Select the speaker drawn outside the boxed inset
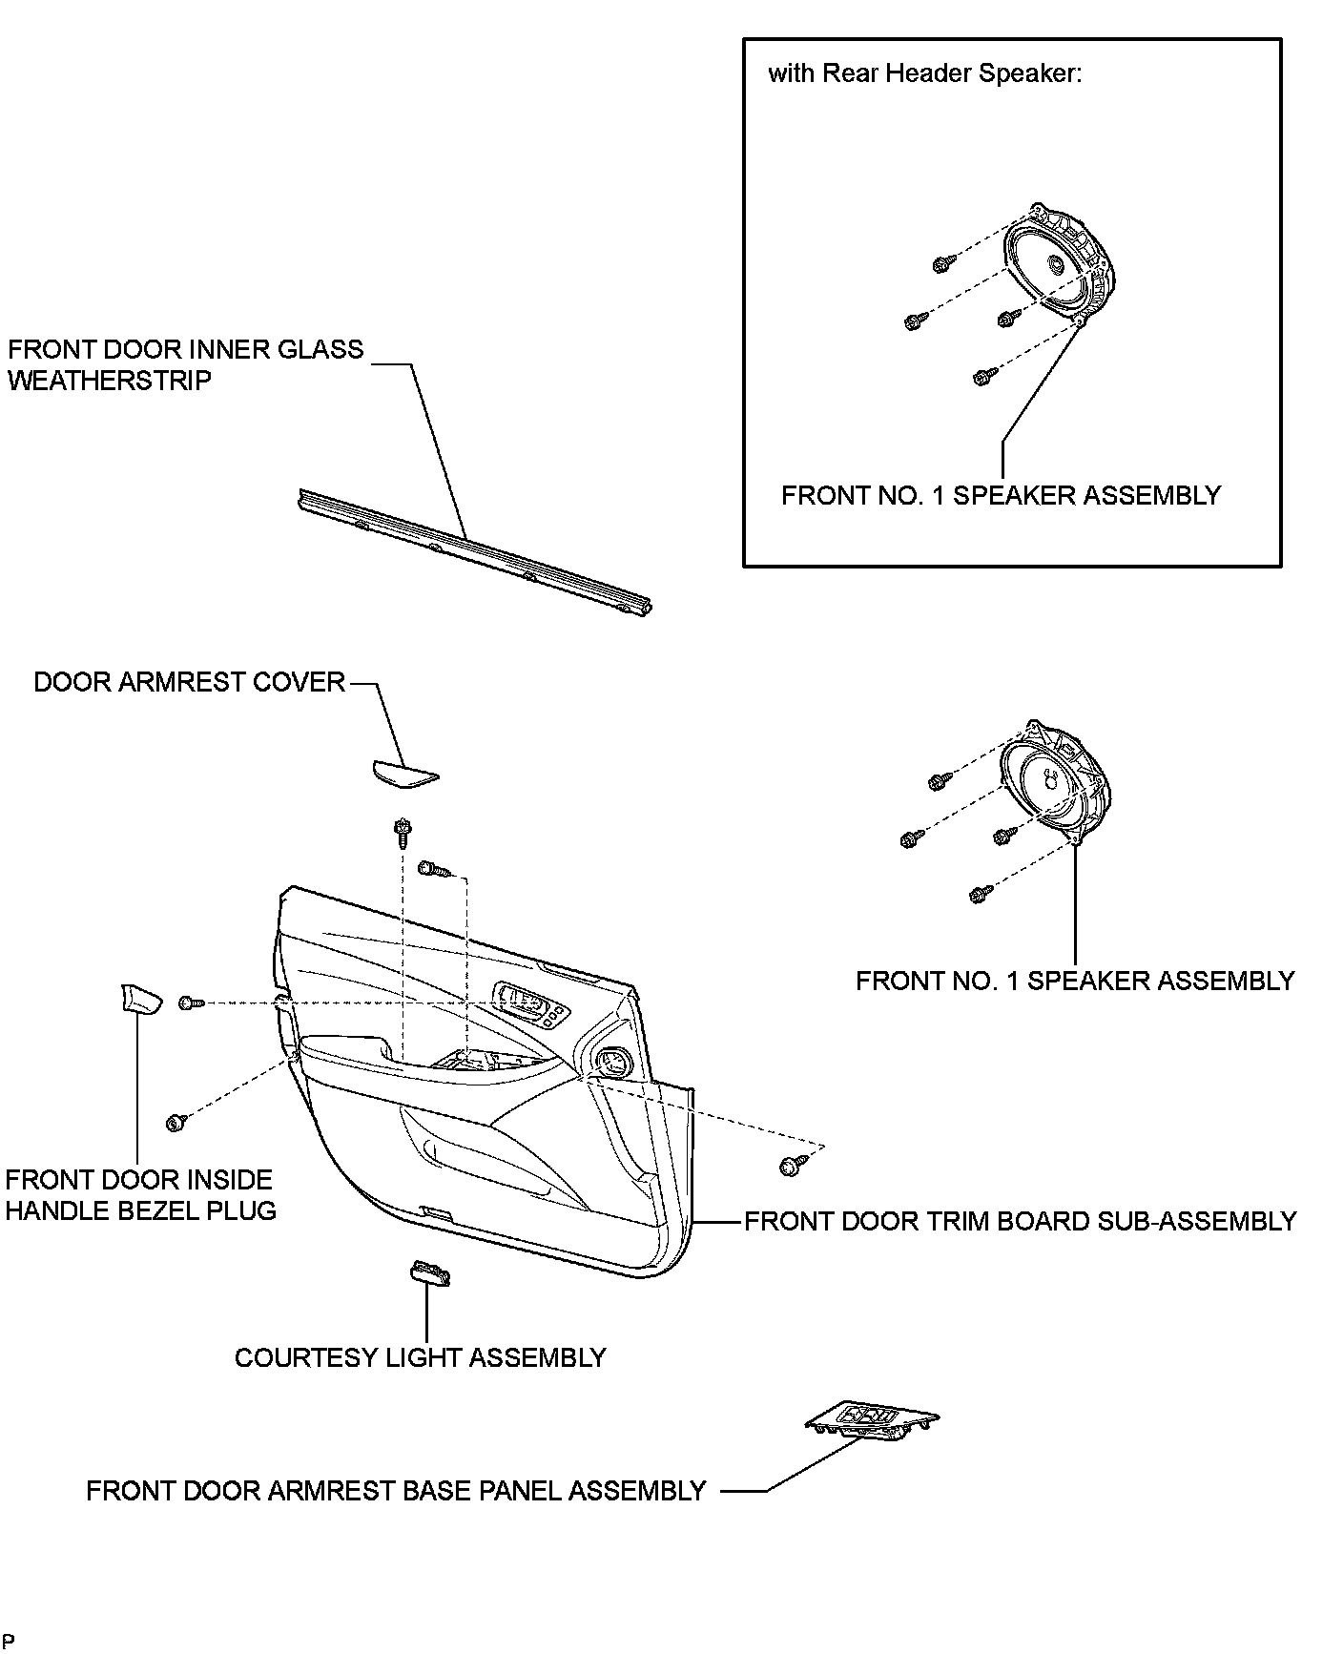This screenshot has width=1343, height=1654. click(1055, 780)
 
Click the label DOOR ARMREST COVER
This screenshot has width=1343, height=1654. click(189, 682)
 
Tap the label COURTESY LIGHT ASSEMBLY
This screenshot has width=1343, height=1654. click(420, 1357)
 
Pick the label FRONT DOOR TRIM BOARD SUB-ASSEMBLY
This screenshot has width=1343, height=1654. click(1020, 1221)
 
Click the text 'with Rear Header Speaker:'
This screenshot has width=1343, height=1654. click(924, 73)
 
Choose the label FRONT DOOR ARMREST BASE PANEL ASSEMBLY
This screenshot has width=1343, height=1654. click(396, 1491)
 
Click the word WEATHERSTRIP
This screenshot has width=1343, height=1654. click(109, 381)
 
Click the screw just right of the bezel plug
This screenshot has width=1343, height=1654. click(191, 1003)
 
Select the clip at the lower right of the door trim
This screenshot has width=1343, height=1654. click(791, 1165)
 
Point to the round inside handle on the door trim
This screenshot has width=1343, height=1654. click(610, 1059)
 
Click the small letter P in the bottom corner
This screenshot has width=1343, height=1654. click(9, 1641)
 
